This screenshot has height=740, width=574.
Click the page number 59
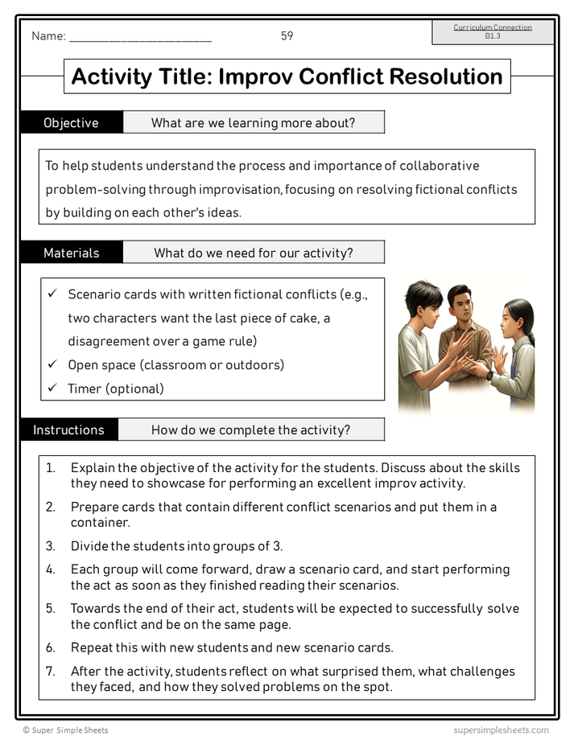click(287, 36)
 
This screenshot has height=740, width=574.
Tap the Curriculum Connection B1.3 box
click(493, 32)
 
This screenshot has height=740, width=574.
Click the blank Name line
click(140, 39)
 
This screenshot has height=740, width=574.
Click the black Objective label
click(71, 123)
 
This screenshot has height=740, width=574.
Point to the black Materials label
click(71, 253)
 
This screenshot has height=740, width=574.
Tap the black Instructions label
click(68, 430)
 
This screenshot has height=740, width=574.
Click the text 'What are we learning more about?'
click(253, 123)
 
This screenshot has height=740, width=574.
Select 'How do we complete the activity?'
click(250, 430)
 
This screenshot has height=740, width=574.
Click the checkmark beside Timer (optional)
click(52, 388)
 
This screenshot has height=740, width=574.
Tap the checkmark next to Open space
click(52, 365)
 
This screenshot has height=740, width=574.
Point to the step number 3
click(50, 546)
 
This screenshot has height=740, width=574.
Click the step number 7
click(50, 671)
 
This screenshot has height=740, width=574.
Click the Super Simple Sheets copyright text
click(65, 730)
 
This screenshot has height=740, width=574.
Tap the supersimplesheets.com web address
click(501, 730)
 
